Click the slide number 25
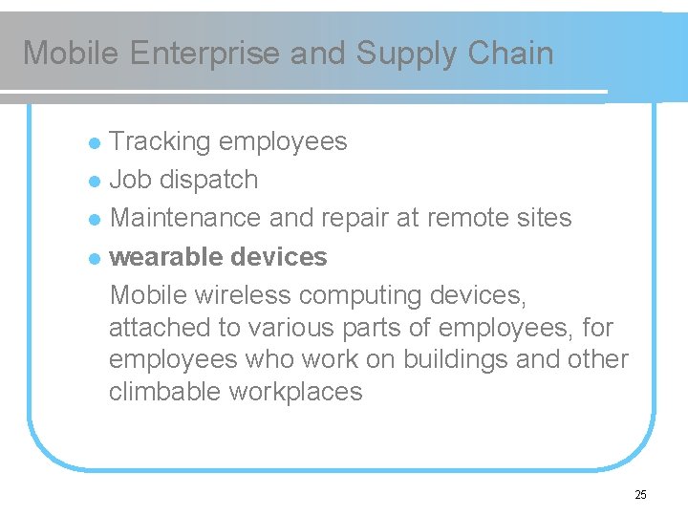point(640,495)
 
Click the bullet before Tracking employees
point(94,143)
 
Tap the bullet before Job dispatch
point(94,182)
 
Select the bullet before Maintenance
point(94,220)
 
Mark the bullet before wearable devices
point(94,259)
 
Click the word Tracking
point(160,141)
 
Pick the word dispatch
point(208,180)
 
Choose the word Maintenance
point(186,218)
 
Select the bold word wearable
point(166,257)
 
